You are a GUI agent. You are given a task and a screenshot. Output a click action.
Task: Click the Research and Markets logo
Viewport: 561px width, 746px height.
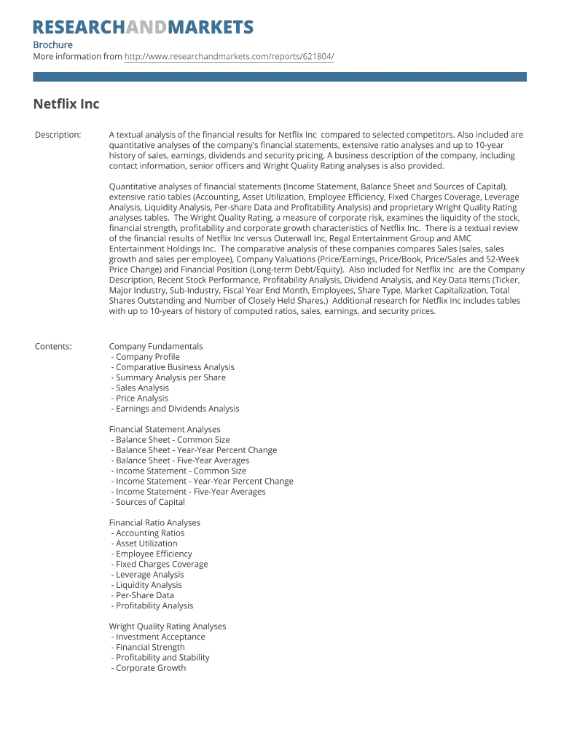point(143,28)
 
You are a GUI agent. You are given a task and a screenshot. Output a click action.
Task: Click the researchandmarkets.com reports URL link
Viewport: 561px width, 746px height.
point(229,57)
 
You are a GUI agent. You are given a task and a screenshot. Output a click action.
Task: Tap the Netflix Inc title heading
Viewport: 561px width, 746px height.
point(66,104)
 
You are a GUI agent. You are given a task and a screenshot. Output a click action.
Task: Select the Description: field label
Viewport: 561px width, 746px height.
point(58,135)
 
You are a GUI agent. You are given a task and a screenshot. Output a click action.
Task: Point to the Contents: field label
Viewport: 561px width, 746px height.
point(53,347)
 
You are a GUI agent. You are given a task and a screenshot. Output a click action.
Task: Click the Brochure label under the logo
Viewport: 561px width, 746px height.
point(52,45)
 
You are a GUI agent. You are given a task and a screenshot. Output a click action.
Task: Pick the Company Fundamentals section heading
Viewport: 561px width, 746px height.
point(156,347)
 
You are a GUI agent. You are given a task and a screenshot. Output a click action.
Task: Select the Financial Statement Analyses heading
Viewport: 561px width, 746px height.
point(165,430)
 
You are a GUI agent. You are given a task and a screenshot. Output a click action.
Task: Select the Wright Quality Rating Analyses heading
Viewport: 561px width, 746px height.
point(168,627)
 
